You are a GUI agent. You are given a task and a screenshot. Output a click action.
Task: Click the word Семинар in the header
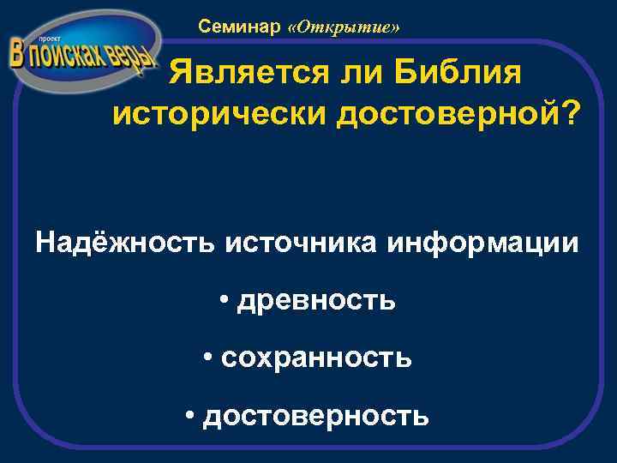pyautogui.click(x=240, y=27)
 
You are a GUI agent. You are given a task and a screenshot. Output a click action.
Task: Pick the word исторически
pyautogui.click(x=215, y=114)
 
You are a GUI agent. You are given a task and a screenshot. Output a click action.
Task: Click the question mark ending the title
pyautogui.click(x=568, y=114)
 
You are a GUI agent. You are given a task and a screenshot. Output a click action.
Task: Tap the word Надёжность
pyautogui.click(x=126, y=243)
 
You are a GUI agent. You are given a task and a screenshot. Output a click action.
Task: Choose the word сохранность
pyautogui.click(x=316, y=358)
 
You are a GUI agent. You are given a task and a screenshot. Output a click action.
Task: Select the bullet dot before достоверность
pyautogui.click(x=189, y=416)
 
